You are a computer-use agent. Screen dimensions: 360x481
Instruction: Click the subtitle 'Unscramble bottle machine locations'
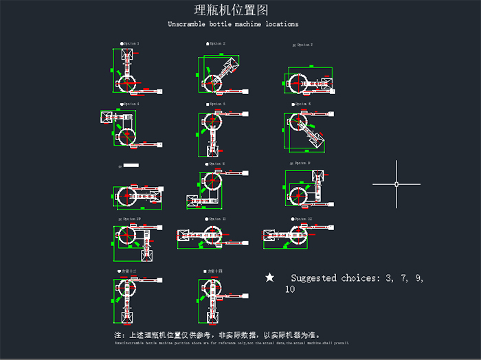click(x=233, y=24)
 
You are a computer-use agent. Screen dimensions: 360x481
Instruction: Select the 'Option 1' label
click(x=131, y=43)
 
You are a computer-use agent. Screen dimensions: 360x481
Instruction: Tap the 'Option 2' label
click(x=217, y=43)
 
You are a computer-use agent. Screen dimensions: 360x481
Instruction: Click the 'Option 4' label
click(x=131, y=104)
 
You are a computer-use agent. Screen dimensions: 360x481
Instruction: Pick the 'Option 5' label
click(x=217, y=104)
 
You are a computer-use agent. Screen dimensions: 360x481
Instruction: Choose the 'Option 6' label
click(x=303, y=104)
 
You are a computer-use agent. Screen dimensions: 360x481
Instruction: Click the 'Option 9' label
click(x=302, y=163)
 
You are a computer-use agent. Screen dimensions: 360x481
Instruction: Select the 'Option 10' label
click(x=132, y=218)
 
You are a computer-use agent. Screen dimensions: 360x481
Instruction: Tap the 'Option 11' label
click(x=217, y=218)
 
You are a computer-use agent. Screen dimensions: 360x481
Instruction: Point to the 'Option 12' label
click(x=303, y=218)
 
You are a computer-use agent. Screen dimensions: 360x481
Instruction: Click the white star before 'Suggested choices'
click(x=270, y=278)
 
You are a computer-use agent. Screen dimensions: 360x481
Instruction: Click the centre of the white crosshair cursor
click(x=396, y=184)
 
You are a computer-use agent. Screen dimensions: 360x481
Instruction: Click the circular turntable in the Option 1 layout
click(x=128, y=83)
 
